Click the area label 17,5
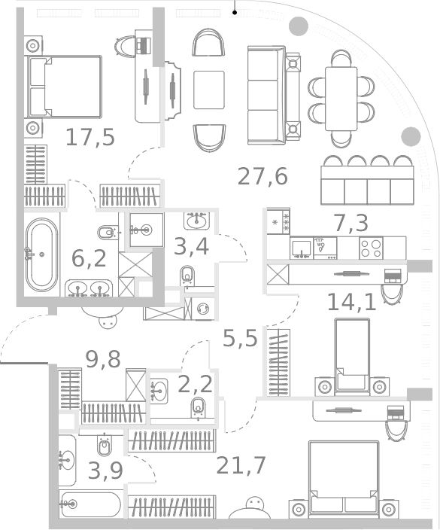click(90, 137)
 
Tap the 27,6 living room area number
click(262, 176)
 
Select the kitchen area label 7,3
click(350, 222)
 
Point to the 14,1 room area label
click(350, 301)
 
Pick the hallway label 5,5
click(240, 338)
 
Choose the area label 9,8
click(103, 359)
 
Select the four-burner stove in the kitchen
click(371, 247)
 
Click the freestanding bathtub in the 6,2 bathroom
click(41, 254)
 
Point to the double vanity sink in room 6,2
click(89, 288)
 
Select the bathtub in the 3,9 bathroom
click(90, 504)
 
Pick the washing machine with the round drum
click(203, 309)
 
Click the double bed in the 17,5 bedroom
click(65, 86)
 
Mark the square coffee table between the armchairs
click(208, 90)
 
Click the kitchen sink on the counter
click(302, 247)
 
